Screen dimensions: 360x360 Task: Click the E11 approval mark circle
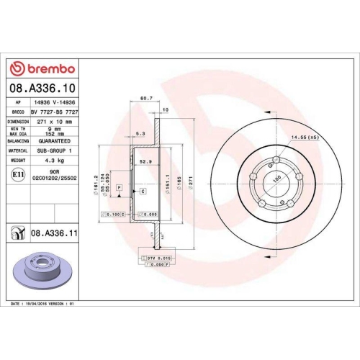[17, 174]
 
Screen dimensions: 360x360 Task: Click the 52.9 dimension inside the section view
[145, 162]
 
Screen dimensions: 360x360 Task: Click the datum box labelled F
[120, 187]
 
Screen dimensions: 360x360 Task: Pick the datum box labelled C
[143, 191]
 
